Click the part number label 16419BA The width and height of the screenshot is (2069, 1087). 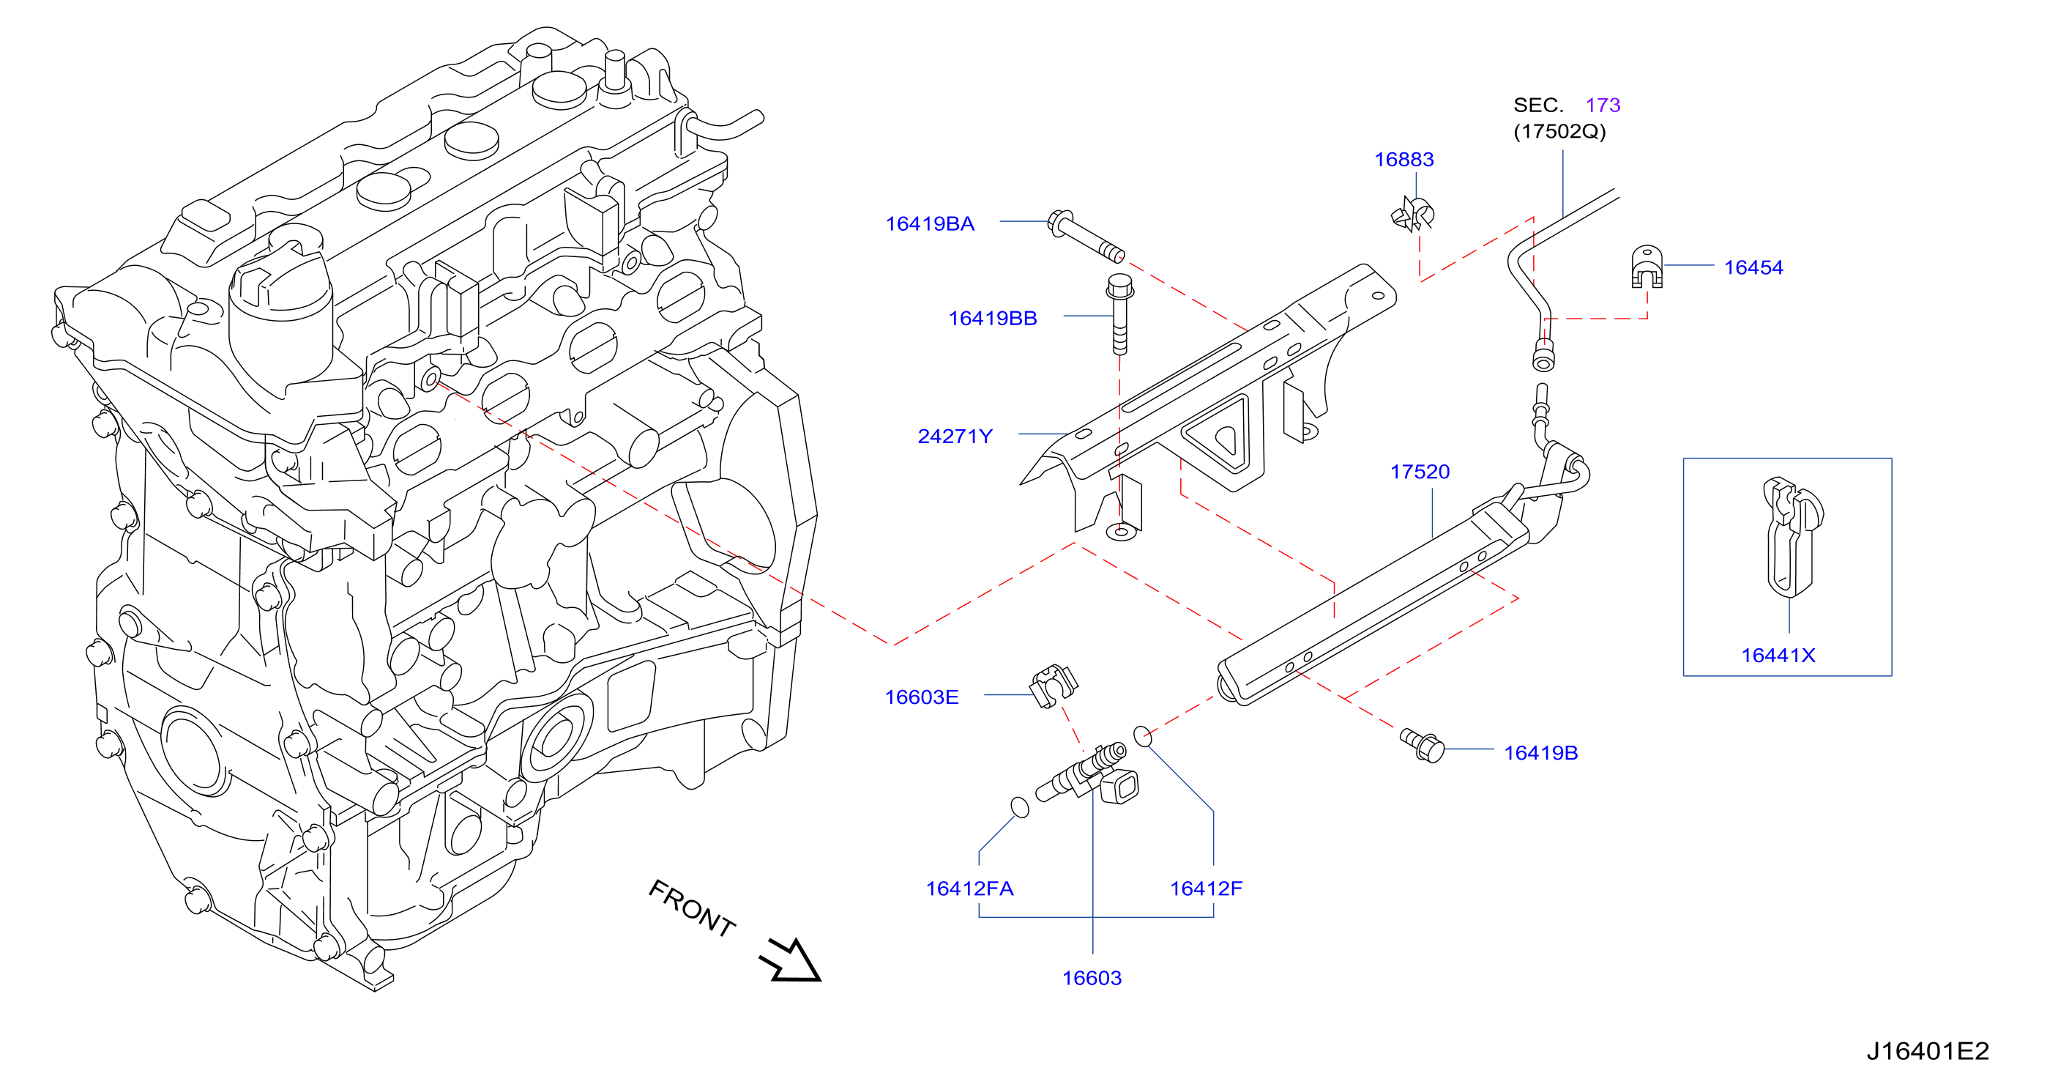tap(929, 223)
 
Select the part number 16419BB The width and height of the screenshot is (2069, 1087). tap(993, 318)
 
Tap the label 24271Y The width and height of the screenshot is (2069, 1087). tap(955, 437)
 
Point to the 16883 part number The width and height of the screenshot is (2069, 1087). tap(1404, 159)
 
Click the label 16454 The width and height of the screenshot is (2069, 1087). tap(1753, 267)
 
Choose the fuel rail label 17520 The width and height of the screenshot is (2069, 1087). tap(1420, 472)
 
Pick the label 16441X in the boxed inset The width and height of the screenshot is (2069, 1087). tap(1778, 655)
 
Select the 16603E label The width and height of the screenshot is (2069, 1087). tap(921, 697)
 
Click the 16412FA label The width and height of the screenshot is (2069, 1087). tap(969, 888)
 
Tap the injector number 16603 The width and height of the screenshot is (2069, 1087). tap(1092, 978)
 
